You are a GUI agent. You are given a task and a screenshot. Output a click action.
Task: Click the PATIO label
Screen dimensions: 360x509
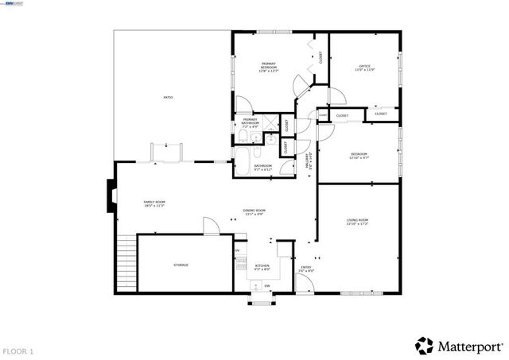point(169,97)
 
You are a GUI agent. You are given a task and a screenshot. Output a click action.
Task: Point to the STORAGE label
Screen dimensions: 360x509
point(181,265)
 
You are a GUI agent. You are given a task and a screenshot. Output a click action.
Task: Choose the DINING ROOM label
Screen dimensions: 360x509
point(254,211)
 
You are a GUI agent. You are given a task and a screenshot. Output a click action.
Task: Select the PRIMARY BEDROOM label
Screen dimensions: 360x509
point(268,68)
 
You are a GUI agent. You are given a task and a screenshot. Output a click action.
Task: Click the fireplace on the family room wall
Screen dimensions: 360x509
point(110,195)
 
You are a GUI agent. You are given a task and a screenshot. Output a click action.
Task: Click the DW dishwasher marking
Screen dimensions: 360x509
point(267,286)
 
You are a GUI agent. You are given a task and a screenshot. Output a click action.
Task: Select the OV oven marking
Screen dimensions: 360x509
point(237,251)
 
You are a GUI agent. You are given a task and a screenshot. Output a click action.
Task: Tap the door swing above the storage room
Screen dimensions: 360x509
point(211,226)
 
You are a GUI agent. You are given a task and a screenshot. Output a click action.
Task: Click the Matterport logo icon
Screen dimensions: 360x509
point(424,346)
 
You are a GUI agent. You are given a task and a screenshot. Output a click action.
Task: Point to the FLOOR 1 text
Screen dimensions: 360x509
point(18,350)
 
